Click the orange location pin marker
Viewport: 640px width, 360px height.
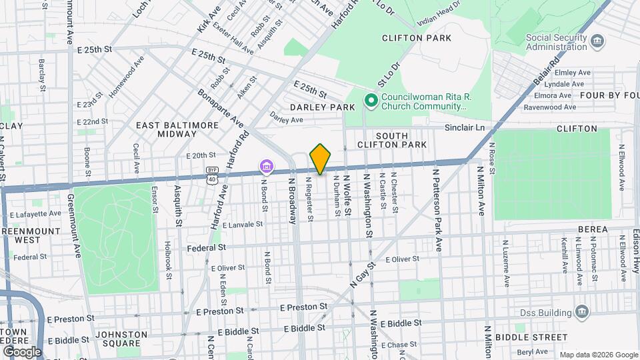click(x=321, y=159)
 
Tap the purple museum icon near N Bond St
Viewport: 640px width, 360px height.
click(x=266, y=165)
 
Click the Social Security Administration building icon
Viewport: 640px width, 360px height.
click(x=597, y=42)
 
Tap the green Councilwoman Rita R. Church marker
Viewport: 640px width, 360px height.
click(x=371, y=101)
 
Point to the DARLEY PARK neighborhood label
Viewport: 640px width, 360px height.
click(x=322, y=107)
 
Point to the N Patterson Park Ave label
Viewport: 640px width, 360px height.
click(x=437, y=209)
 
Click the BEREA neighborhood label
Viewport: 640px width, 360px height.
click(x=593, y=229)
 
